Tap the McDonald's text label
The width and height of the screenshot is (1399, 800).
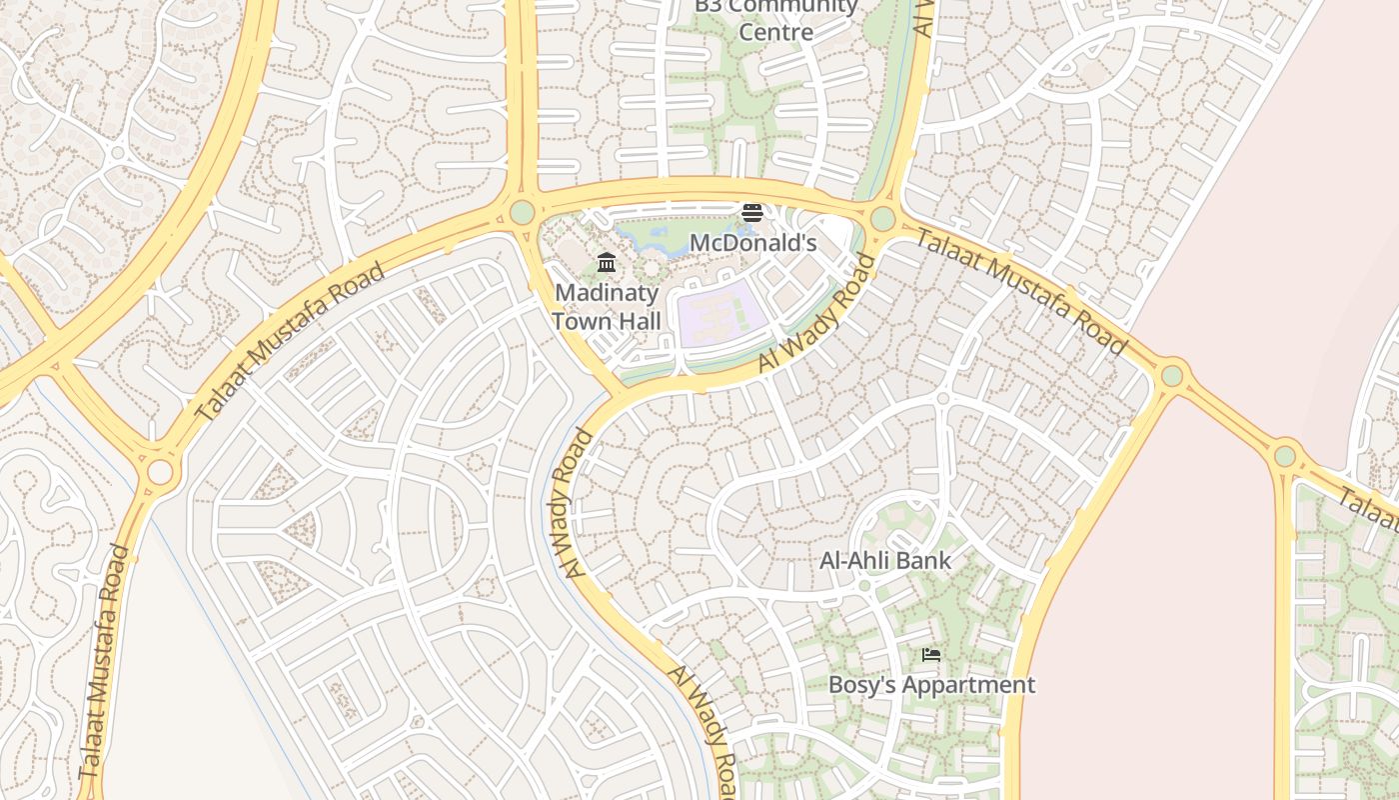click(753, 243)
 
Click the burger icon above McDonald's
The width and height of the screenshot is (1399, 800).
click(752, 213)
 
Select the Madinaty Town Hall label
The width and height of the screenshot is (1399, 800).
click(607, 307)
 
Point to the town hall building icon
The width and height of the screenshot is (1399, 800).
click(607, 263)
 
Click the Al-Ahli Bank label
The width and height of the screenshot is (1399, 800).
click(885, 560)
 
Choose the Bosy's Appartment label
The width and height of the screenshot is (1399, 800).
click(931, 685)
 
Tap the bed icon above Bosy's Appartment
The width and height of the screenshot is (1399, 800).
click(931, 656)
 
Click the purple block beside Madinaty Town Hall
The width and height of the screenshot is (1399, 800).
click(721, 315)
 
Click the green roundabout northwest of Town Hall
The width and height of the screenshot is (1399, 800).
click(522, 212)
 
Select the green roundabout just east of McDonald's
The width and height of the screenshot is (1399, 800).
click(882, 218)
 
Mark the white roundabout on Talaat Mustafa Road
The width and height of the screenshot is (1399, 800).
click(160, 471)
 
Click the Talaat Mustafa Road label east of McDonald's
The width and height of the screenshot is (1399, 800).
click(1022, 291)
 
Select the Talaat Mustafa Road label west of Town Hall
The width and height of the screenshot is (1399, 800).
click(289, 342)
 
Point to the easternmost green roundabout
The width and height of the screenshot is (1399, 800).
click(1285, 457)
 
